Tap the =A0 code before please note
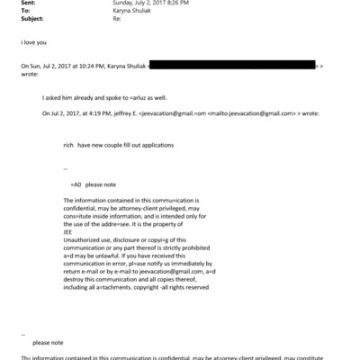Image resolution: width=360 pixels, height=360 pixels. point(76,184)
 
